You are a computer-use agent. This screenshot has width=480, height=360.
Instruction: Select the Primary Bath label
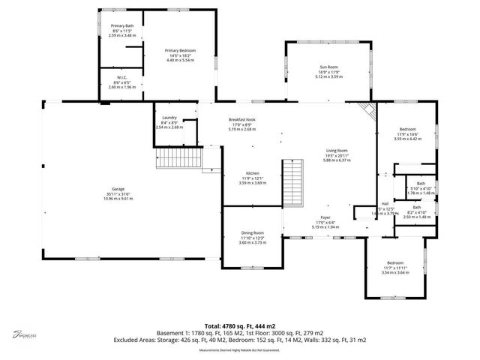(x=122, y=26)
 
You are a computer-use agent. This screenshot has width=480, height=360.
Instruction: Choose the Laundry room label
(x=169, y=118)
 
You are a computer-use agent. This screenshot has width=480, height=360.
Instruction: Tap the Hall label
(x=385, y=203)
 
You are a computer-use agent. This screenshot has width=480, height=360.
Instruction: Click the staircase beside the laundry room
(x=179, y=159)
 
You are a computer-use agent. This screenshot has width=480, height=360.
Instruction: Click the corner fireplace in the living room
(x=367, y=110)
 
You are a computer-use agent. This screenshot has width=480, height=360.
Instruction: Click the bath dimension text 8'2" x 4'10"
(x=416, y=212)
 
